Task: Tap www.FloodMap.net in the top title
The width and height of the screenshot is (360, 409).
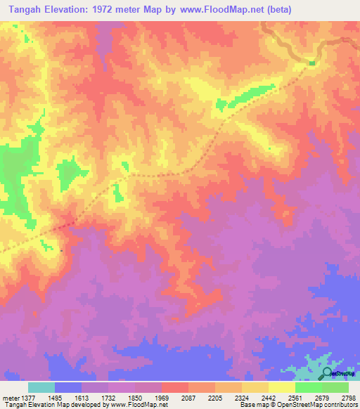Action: click(x=217, y=10)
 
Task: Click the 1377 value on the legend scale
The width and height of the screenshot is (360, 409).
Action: click(x=26, y=398)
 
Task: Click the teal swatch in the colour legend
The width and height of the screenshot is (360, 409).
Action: click(x=41, y=387)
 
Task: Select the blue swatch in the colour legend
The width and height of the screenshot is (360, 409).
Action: click(x=67, y=387)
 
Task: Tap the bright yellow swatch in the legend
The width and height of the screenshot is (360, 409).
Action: click(x=281, y=387)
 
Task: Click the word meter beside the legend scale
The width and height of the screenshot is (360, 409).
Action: click(x=9, y=398)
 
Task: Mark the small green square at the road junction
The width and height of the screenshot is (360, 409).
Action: click(x=311, y=64)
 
